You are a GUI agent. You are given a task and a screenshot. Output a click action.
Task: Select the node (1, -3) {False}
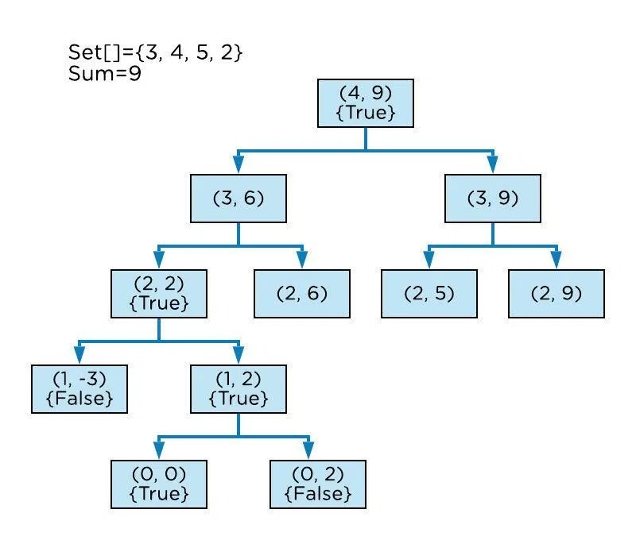click(79, 389)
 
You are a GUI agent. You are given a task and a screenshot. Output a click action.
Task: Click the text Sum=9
click(105, 75)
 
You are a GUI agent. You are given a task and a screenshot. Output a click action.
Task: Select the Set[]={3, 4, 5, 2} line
click(155, 54)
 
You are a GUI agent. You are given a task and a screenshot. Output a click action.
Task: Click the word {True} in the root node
click(366, 112)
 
